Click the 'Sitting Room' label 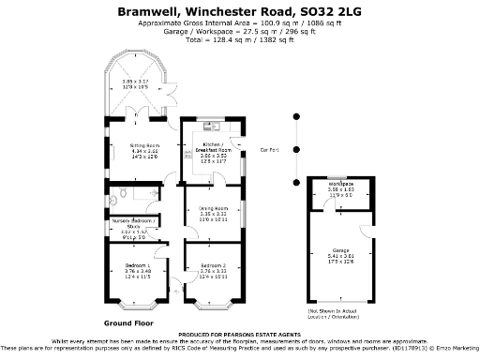coord(131,146)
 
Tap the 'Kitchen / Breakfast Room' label coord(213,148)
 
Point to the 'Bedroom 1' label coord(131,266)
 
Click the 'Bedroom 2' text coord(213,266)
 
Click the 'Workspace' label coord(340,184)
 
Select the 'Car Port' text coord(270,149)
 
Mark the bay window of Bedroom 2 coord(213,304)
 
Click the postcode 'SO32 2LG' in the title coord(330,11)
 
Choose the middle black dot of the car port coord(295,149)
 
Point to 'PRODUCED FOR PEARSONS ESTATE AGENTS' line coord(239,334)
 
